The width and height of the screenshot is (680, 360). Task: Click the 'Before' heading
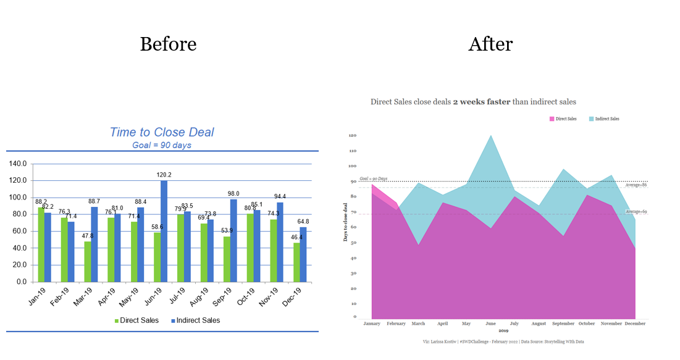click(168, 44)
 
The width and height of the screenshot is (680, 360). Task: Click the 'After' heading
click(490, 44)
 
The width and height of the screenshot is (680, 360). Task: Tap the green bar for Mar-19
click(88, 261)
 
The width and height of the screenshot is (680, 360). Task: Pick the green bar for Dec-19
click(296, 262)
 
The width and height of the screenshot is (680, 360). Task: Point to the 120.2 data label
click(164, 175)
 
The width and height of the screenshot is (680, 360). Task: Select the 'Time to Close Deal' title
click(162, 132)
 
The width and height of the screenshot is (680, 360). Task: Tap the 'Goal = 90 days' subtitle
click(162, 145)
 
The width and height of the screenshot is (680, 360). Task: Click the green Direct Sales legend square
click(117, 320)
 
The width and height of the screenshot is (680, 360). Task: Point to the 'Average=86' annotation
click(635, 185)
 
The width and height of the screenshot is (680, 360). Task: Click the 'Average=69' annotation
click(635, 212)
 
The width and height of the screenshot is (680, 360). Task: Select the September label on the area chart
click(563, 324)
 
